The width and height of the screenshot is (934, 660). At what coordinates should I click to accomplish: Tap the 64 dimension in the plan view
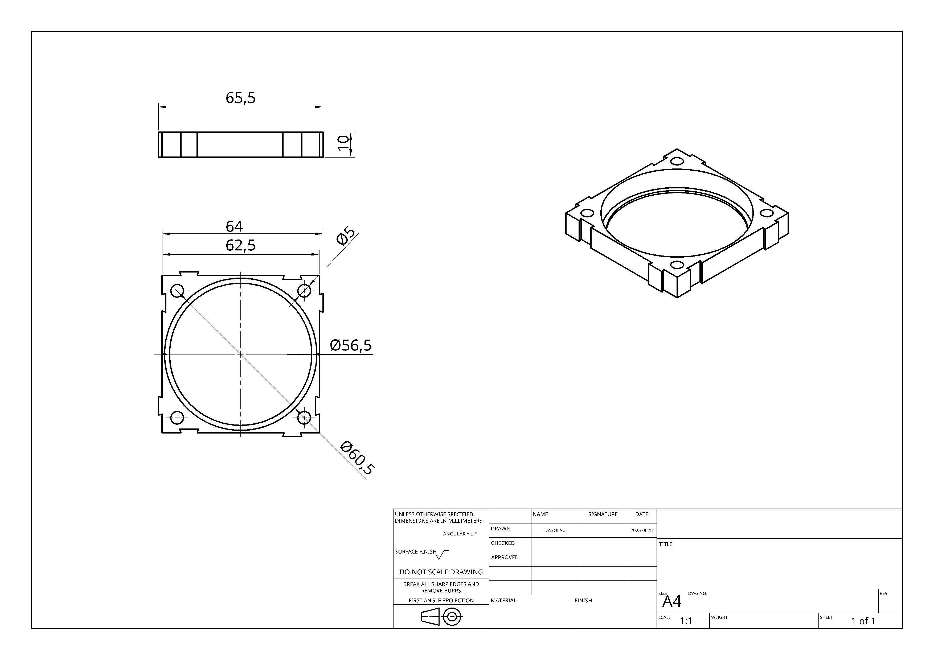click(x=234, y=226)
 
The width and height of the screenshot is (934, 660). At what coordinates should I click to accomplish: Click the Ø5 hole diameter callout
click(x=346, y=237)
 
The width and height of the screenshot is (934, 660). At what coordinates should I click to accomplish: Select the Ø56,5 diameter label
click(x=351, y=345)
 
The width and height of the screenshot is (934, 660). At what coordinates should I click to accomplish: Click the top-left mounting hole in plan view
click(x=177, y=291)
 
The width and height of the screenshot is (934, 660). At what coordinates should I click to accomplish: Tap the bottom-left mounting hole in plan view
click(x=177, y=418)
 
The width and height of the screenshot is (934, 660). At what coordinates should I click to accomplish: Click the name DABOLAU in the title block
click(x=555, y=530)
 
